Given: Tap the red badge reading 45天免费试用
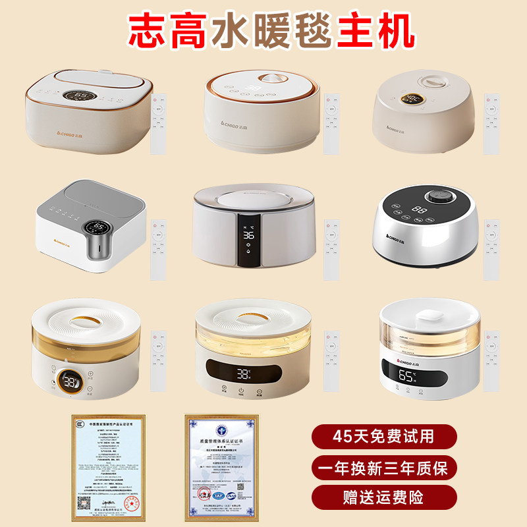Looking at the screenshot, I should pyautogui.click(x=385, y=435).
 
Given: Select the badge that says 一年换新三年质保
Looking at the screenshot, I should pyautogui.click(x=385, y=468).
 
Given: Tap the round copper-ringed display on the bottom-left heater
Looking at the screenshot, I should pyautogui.click(x=69, y=381).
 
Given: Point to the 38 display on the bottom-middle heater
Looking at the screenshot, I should pyautogui.click(x=244, y=374).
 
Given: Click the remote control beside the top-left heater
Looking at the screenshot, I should pyautogui.click(x=158, y=123).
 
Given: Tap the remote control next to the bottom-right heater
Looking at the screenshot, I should pyautogui.click(x=491, y=361).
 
